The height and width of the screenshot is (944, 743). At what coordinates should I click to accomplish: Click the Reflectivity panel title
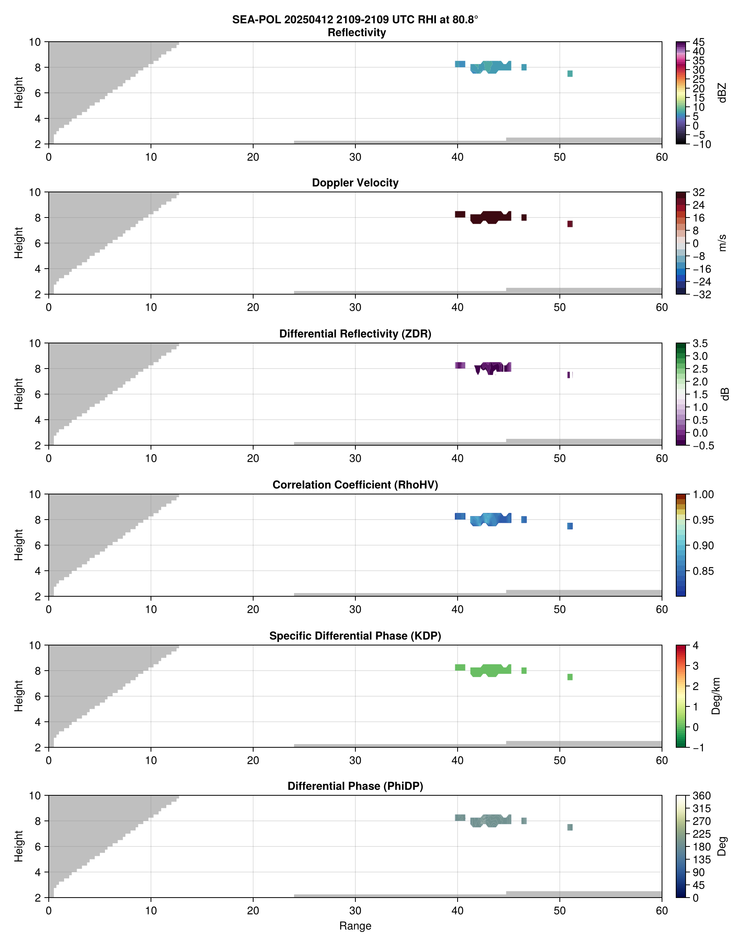357,33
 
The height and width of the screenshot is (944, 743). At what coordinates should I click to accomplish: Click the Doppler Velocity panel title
355,183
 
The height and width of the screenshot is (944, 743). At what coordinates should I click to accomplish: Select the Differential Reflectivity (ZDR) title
355,334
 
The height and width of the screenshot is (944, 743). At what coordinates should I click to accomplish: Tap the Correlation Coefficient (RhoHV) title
355,485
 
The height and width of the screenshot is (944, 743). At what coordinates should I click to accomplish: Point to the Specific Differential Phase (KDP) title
355,636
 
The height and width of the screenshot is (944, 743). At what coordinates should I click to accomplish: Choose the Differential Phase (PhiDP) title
355,786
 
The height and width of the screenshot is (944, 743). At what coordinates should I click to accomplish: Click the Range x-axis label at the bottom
355,926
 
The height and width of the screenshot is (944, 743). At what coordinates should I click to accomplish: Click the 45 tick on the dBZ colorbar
698,42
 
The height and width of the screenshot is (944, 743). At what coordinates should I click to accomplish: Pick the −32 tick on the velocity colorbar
701,295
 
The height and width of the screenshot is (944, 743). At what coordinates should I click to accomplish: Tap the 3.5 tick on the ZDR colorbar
700,343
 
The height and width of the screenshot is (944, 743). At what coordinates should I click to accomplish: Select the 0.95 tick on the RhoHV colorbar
703,520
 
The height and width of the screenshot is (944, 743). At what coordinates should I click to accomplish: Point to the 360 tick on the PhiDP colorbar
701,796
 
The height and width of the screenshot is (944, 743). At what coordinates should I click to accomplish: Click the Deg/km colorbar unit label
715,696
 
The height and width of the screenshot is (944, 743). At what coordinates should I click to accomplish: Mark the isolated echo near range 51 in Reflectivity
570,74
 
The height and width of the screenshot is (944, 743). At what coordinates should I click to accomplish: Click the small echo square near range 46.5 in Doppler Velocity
524,218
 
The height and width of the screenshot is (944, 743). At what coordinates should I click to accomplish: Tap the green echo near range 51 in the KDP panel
570,677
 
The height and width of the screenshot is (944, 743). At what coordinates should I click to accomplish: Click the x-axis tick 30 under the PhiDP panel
355,911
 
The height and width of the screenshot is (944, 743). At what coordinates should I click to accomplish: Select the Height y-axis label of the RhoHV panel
18,544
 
